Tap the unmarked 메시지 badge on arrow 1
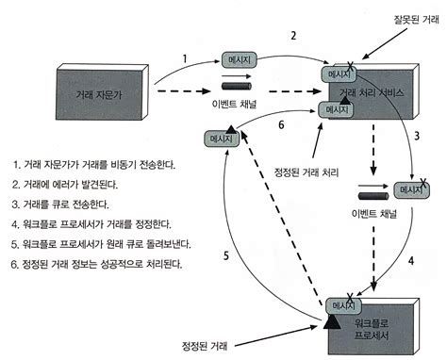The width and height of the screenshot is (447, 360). (239, 59)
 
